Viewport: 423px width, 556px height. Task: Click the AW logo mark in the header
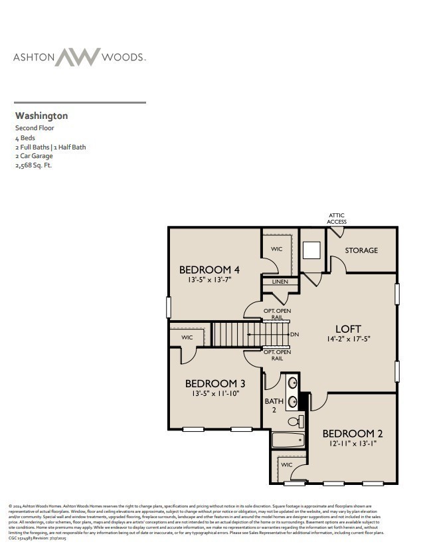[x=77, y=57]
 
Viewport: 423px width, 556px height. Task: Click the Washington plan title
[x=41, y=116]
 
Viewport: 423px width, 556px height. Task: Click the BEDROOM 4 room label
[x=209, y=270]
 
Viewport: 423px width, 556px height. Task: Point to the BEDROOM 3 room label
[x=215, y=383]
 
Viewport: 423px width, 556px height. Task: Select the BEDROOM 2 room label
[x=353, y=433]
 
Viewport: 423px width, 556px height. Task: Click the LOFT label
[x=348, y=329]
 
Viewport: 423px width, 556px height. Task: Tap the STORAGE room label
[x=361, y=250]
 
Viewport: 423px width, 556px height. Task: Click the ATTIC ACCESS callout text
[x=337, y=219]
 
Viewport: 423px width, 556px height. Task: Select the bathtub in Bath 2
[x=288, y=440]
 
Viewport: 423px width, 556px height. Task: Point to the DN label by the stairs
[x=294, y=334]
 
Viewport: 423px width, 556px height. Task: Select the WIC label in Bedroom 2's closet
[x=287, y=465]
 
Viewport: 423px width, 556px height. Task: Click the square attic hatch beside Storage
[x=311, y=250]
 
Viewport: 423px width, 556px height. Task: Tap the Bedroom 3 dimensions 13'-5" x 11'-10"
[x=215, y=394]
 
